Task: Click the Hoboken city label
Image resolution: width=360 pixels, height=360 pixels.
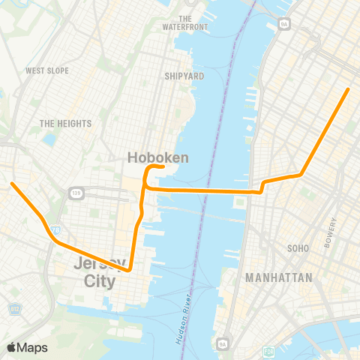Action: click(x=157, y=157)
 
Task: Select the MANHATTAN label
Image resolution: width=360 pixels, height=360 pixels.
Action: click(x=279, y=277)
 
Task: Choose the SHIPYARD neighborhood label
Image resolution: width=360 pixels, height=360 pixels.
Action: click(x=184, y=76)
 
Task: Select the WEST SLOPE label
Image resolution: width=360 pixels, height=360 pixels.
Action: click(x=47, y=70)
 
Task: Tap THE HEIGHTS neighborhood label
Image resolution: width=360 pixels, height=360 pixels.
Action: click(x=65, y=123)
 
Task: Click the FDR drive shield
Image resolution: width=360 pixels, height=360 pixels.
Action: click(x=268, y=350)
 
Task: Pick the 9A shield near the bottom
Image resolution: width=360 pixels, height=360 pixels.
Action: click(x=221, y=343)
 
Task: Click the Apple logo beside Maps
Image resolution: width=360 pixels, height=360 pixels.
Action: click(x=11, y=347)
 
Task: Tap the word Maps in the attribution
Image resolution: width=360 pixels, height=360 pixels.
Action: click(x=32, y=347)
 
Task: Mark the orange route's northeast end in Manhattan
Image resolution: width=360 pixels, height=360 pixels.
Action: click(x=348, y=90)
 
